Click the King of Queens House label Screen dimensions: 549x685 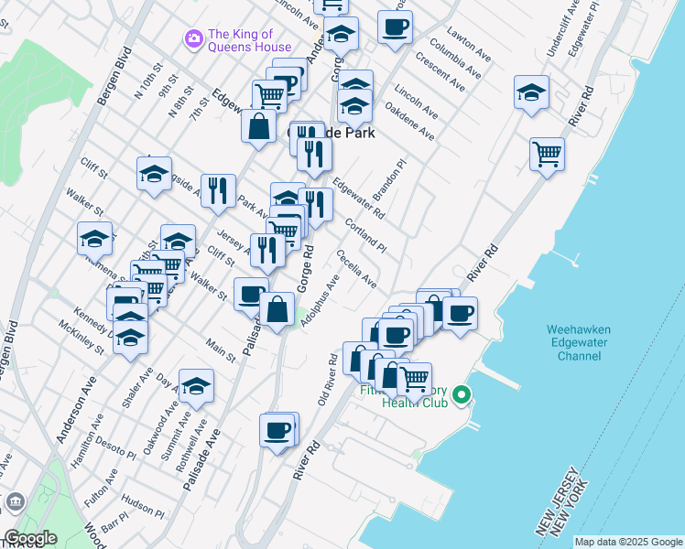[249, 41]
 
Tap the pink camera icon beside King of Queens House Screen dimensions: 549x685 [193, 38]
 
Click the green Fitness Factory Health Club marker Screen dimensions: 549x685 [462, 395]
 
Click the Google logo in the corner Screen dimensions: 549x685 [30, 538]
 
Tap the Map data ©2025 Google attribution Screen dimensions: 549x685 [628, 542]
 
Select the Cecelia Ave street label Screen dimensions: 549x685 [356, 268]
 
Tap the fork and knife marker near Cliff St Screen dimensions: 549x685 [218, 189]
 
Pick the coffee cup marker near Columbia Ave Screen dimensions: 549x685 [395, 27]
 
